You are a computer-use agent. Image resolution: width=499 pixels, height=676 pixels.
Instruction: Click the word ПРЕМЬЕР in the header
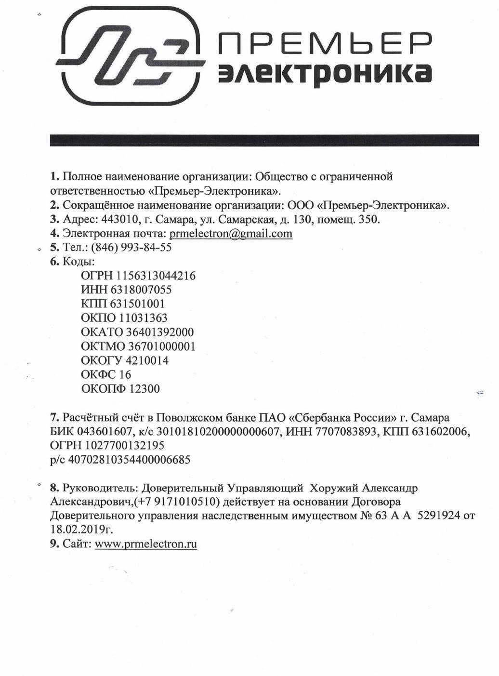click(x=324, y=44)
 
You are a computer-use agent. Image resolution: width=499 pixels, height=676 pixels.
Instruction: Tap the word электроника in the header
click(x=324, y=74)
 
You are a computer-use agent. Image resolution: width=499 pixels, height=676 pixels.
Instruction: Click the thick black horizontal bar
click(x=264, y=140)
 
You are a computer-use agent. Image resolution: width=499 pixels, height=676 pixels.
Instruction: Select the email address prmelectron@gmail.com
click(x=231, y=234)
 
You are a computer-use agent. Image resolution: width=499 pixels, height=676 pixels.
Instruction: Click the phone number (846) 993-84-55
click(x=131, y=248)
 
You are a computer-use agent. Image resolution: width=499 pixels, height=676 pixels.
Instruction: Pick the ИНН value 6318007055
click(x=141, y=290)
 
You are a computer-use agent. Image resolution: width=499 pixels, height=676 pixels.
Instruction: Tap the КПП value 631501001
click(x=137, y=304)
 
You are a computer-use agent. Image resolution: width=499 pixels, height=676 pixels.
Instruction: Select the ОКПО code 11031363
click(x=143, y=318)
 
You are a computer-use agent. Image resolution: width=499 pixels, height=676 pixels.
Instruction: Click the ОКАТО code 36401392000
click(x=160, y=332)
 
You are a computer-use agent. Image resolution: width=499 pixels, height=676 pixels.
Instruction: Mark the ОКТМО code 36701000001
click(x=161, y=346)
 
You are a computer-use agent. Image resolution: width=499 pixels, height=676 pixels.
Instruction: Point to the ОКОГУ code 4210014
click(x=147, y=360)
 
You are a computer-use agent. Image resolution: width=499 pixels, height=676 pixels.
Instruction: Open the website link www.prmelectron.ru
click(x=146, y=544)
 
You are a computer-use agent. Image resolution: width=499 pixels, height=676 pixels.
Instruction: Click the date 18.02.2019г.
click(x=82, y=530)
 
